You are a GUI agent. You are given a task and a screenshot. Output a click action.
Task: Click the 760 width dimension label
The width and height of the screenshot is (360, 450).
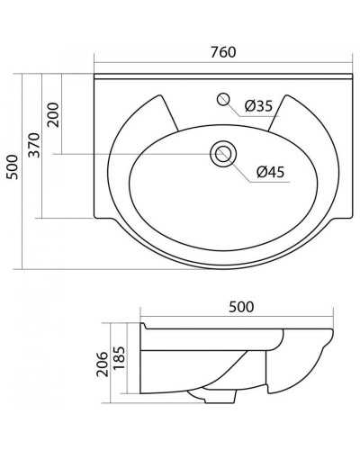click(x=221, y=52)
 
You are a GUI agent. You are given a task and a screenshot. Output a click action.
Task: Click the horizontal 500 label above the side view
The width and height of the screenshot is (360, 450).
click(x=239, y=306)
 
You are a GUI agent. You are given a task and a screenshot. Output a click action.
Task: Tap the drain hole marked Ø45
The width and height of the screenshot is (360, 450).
click(x=221, y=155)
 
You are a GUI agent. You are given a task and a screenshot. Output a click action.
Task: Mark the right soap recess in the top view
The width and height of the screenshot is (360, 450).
click(x=301, y=117)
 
